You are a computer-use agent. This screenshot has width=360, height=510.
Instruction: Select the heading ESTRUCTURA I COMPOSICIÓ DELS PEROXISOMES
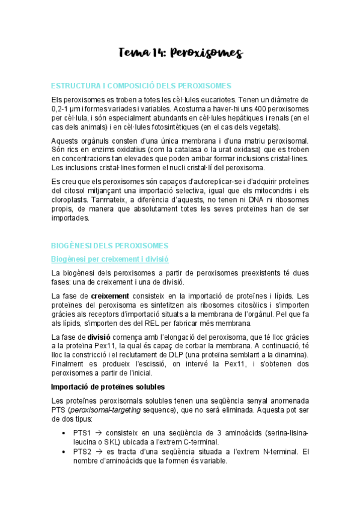pyautogui.click(x=141, y=86)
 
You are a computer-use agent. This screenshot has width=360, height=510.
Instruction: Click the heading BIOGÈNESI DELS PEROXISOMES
pyautogui.click(x=110, y=245)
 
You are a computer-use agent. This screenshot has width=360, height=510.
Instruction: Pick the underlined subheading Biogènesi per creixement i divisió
pyautogui.click(x=109, y=259)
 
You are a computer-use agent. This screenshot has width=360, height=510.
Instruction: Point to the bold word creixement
pyautogui.click(x=110, y=296)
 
